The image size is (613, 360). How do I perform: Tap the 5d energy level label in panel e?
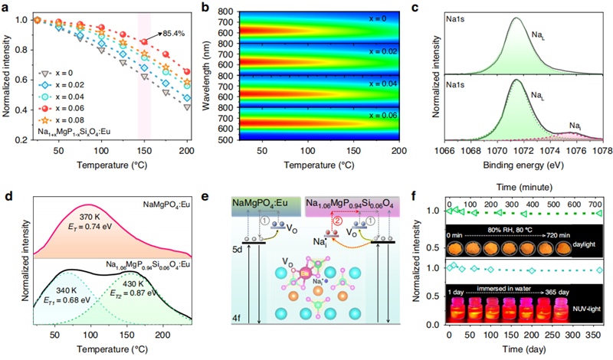239,247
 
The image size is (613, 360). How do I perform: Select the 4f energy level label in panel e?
239,336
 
